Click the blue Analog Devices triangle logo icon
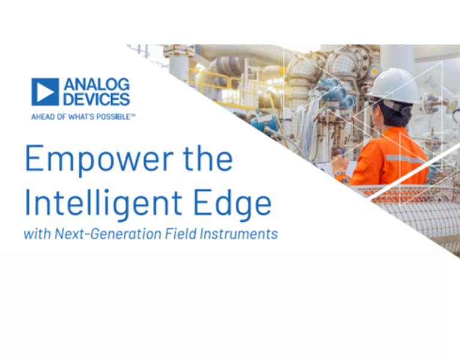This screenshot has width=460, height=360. [45, 92]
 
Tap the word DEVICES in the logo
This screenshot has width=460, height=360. [97, 99]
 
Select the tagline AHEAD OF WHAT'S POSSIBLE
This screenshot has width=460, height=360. [83, 116]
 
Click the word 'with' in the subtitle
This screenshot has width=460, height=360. [37, 234]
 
